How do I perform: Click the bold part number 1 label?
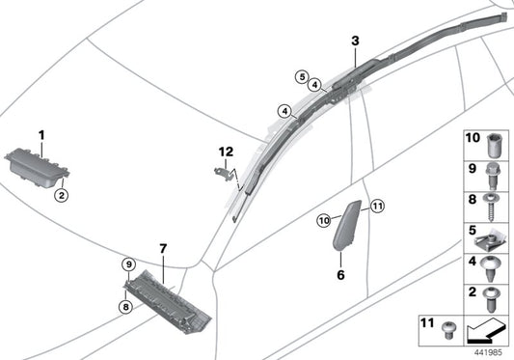pyautogui.click(x=41, y=135)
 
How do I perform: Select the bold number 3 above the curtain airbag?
pyautogui.click(x=355, y=42)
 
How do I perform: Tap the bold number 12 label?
pyautogui.click(x=227, y=152)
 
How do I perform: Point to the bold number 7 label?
pyautogui.click(x=163, y=249)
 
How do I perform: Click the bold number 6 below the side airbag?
pyautogui.click(x=341, y=275)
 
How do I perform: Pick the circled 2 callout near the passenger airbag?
pyautogui.click(x=62, y=196)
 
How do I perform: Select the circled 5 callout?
pyautogui.click(x=302, y=77)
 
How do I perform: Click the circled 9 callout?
pyautogui.click(x=129, y=264)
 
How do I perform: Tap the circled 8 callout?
pyautogui.click(x=126, y=307)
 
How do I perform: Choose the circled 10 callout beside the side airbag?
pyautogui.click(x=324, y=220)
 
